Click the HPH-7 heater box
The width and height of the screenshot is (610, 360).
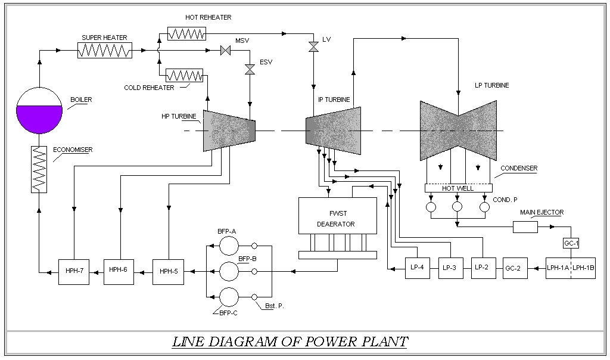(73, 271)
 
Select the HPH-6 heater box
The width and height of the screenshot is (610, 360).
(119, 271)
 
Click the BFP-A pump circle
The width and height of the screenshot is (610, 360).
(229, 246)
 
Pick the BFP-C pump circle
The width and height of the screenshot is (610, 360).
(229, 297)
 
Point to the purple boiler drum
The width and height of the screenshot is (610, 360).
(40, 110)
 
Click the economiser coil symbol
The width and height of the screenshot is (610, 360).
(39, 169)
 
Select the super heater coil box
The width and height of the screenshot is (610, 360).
(105, 51)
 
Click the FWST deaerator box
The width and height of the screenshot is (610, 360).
(337, 216)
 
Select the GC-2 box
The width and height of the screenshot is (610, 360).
(513, 268)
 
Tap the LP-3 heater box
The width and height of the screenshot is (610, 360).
(449, 268)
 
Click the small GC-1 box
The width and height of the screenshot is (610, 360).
(571, 244)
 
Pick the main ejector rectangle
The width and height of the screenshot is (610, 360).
(525, 227)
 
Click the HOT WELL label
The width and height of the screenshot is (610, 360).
(457, 188)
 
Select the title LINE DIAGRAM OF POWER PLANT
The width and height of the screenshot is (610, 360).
(290, 342)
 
